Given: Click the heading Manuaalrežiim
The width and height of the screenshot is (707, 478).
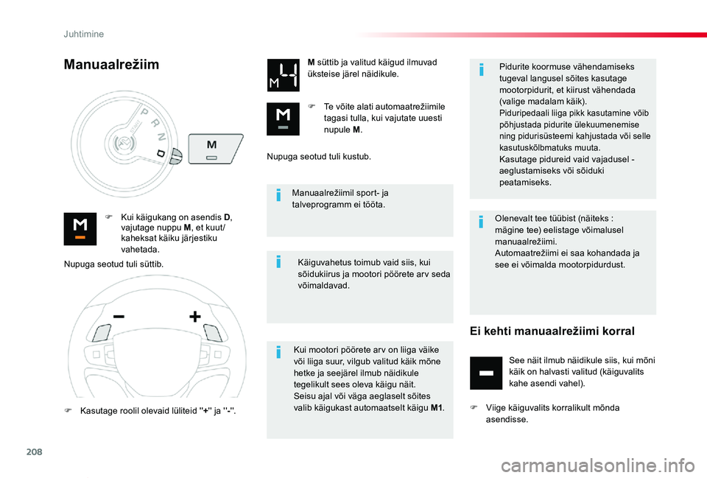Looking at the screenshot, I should point(111,65).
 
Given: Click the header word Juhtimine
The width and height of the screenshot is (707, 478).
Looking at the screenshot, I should point(84,34).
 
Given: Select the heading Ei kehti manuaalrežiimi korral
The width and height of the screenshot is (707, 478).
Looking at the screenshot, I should point(552,331).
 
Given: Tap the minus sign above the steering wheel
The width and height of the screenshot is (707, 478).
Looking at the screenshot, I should point(119,316).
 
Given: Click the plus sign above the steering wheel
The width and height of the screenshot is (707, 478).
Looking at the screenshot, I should point(195,317).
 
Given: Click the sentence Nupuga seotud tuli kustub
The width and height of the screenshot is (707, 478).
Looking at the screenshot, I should point(319,157).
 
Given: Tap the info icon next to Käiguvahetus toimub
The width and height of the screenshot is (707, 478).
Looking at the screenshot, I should point(278,262).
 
